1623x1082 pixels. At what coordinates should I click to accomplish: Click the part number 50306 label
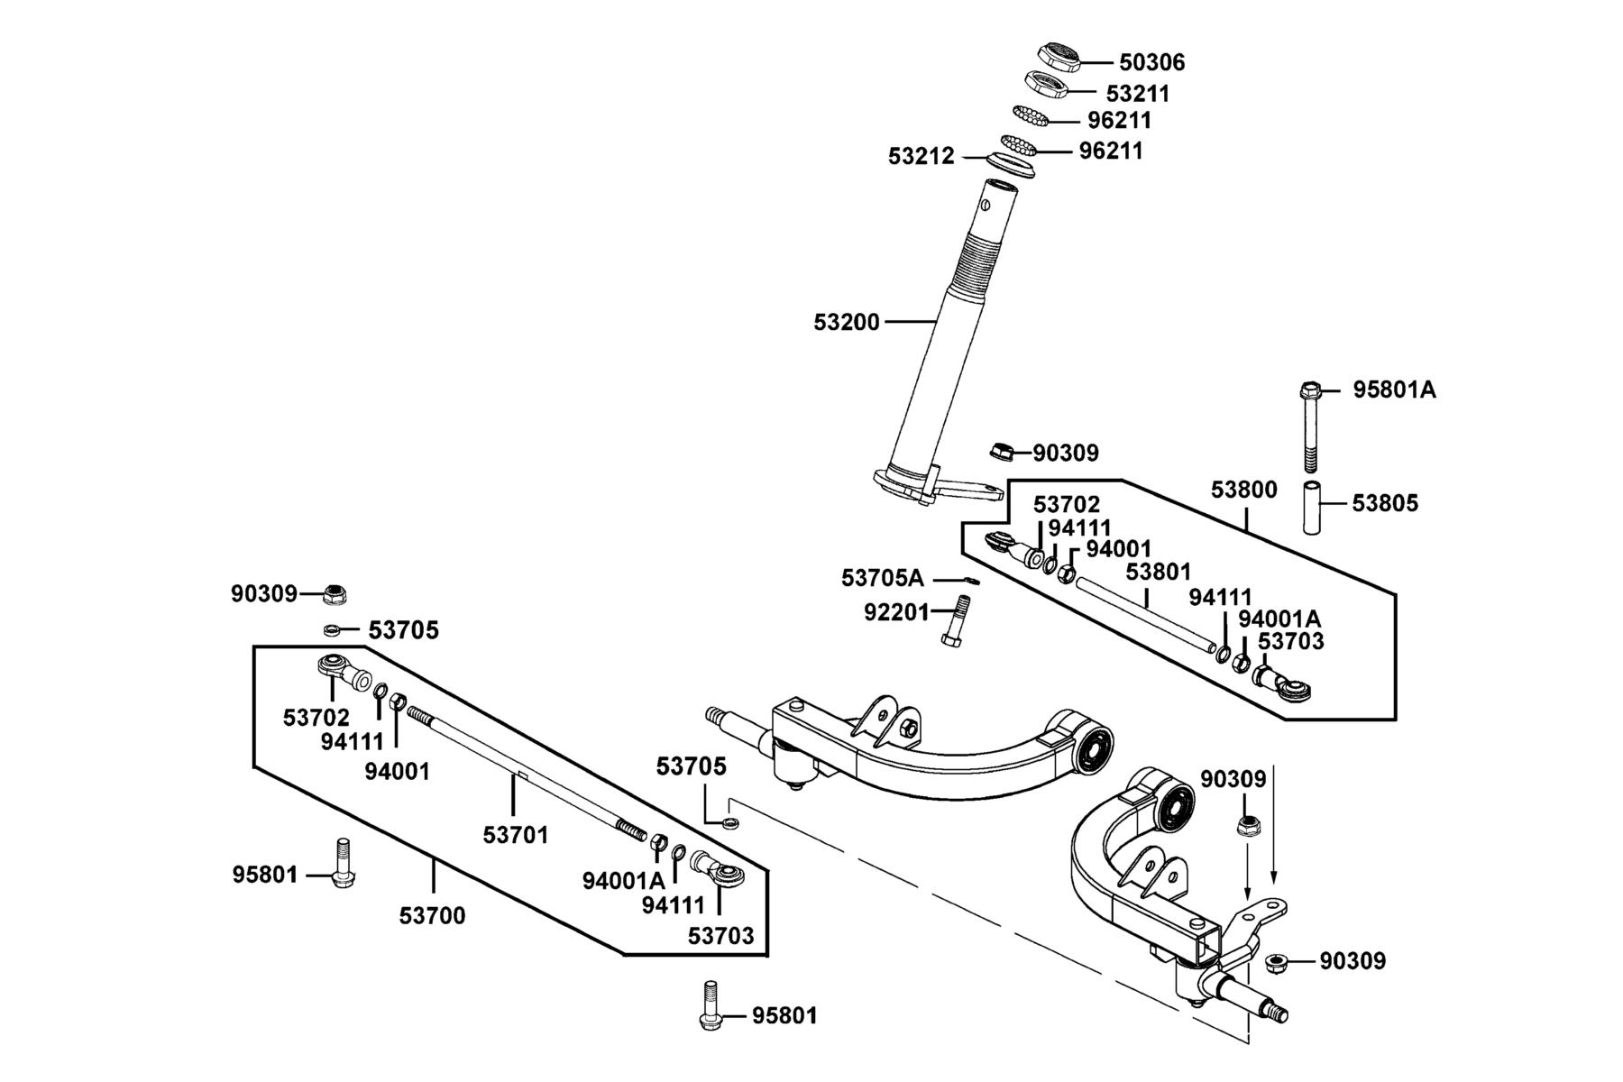pyautogui.click(x=1151, y=62)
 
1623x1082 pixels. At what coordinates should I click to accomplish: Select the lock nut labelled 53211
pyautogui.click(x=1047, y=85)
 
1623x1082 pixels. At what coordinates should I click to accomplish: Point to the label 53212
pyautogui.click(x=921, y=156)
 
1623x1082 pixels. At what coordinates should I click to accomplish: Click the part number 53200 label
pyautogui.click(x=847, y=322)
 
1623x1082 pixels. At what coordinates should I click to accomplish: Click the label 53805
pyautogui.click(x=1385, y=503)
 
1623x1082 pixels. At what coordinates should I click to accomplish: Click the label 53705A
pyautogui.click(x=883, y=577)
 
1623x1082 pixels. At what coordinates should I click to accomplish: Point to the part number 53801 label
pyautogui.click(x=1159, y=572)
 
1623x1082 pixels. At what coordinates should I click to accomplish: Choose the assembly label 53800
pyautogui.click(x=1244, y=490)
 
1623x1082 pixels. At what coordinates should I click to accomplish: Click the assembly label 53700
pyautogui.click(x=433, y=916)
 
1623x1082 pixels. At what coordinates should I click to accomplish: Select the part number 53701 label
pyautogui.click(x=516, y=835)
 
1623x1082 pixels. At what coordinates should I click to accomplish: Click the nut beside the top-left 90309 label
pyautogui.click(x=335, y=593)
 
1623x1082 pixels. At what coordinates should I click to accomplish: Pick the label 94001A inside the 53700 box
pyautogui.click(x=624, y=880)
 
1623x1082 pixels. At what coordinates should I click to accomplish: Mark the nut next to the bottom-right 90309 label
pyautogui.click(x=1276, y=963)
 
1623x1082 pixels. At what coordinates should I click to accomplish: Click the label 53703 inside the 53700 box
pyautogui.click(x=721, y=936)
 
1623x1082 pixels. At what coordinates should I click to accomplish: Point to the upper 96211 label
pyautogui.click(x=1120, y=120)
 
